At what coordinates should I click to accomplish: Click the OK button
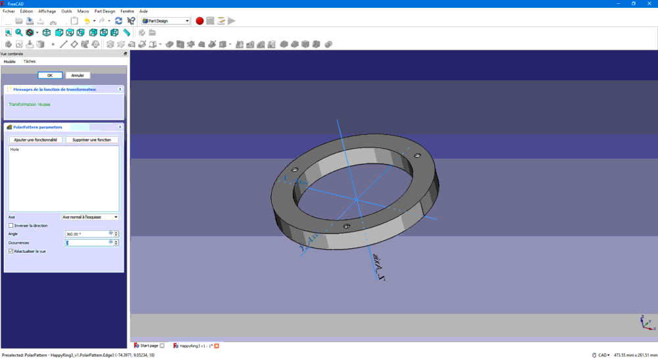coord(50,75)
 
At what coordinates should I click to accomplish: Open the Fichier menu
coord(9,11)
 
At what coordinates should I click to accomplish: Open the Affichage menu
coord(47,11)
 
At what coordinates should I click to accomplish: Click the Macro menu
coord(83,11)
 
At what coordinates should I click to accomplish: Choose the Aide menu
coord(143,11)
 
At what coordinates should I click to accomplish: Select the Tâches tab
coord(30,61)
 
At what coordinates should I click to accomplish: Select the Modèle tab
coord(9,61)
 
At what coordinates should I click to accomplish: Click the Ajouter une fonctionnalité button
coord(36,140)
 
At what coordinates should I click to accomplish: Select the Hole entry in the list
coord(14,149)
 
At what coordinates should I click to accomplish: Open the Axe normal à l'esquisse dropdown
coord(90,217)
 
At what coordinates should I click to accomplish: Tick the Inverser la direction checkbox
coord(11,225)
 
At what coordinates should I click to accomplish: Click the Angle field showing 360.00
coord(86,234)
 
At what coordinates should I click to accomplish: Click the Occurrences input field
coord(86,242)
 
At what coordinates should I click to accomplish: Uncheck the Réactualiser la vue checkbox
coord(11,251)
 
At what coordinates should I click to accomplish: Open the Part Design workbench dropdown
coord(165,21)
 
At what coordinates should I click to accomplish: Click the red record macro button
coord(199,21)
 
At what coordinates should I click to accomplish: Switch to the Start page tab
coord(149,346)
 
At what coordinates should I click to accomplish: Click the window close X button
coord(650,3)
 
